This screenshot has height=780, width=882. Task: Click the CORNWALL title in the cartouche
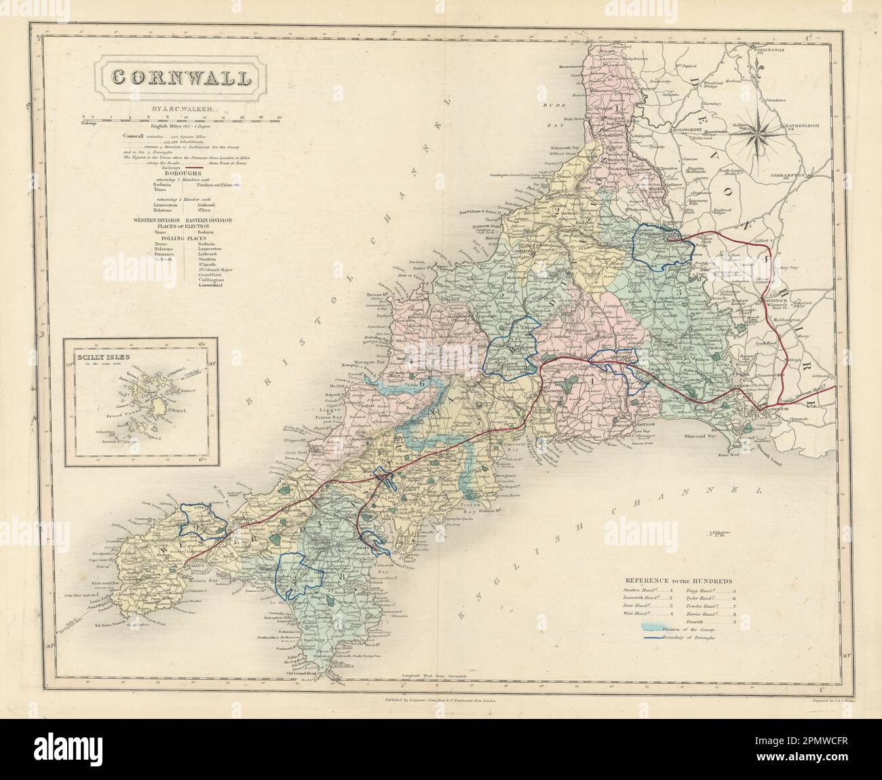click(x=180, y=77)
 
